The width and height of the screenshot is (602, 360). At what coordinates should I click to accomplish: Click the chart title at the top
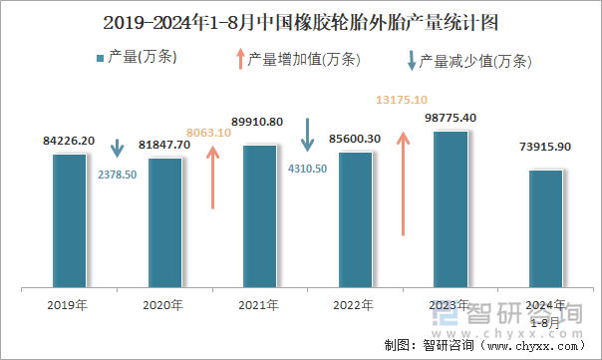[x=301, y=21]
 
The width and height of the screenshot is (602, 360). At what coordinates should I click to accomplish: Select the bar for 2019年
[x=69, y=219]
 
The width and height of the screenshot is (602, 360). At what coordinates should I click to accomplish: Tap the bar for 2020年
[x=164, y=221]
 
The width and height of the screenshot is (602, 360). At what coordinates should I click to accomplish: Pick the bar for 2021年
[x=259, y=214]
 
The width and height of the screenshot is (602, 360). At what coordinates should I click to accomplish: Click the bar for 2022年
[x=355, y=218]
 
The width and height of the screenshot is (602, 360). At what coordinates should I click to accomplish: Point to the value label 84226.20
[x=70, y=141]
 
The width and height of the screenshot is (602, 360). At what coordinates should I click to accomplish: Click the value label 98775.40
[x=451, y=118]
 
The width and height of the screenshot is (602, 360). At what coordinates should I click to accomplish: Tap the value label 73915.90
[x=545, y=147]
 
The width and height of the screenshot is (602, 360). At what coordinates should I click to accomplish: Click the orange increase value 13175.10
[x=402, y=100]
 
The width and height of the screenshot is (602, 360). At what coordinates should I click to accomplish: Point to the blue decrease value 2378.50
[x=118, y=174]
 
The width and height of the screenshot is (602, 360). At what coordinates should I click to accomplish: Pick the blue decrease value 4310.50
[x=307, y=169]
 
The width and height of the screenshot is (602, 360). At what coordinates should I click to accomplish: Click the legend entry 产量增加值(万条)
[x=297, y=59]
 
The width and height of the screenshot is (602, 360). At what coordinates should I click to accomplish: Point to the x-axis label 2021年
[x=259, y=304]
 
